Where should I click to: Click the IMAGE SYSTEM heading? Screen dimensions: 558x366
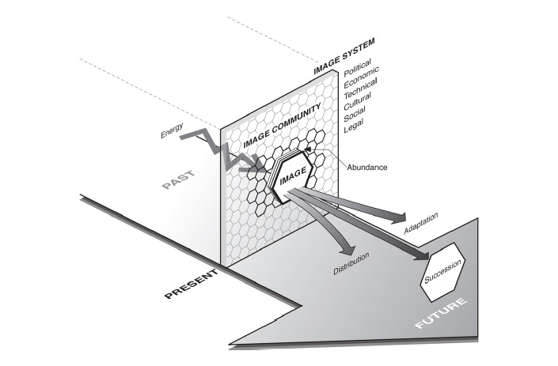pyautogui.click(x=344, y=56)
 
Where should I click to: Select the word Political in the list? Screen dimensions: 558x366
pyautogui.click(x=357, y=67)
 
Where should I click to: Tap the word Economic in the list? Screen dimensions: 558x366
pyautogui.click(x=361, y=77)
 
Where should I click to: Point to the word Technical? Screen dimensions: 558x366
pyautogui.click(x=360, y=89)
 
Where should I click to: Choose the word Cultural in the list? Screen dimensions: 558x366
pyautogui.click(x=357, y=101)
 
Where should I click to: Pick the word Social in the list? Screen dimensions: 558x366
pyautogui.click(x=355, y=114)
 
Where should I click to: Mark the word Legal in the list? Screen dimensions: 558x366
pyautogui.click(x=353, y=126)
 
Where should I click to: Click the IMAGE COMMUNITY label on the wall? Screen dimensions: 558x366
pyautogui.click(x=282, y=126)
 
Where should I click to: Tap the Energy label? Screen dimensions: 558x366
pyautogui.click(x=172, y=130)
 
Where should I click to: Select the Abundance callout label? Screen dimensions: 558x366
pyautogui.click(x=367, y=167)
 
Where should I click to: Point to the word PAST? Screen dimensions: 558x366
pyautogui.click(x=178, y=179)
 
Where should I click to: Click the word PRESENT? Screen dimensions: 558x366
pyautogui.click(x=191, y=284)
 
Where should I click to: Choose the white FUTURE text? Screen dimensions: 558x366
pyautogui.click(x=442, y=313)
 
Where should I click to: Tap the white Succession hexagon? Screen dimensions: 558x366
pyautogui.click(x=443, y=272)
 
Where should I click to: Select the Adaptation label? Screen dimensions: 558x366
pyautogui.click(x=420, y=223)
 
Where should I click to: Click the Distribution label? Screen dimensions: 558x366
pyautogui.click(x=351, y=263)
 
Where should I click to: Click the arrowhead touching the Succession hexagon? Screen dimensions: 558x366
pyautogui.click(x=423, y=255)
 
